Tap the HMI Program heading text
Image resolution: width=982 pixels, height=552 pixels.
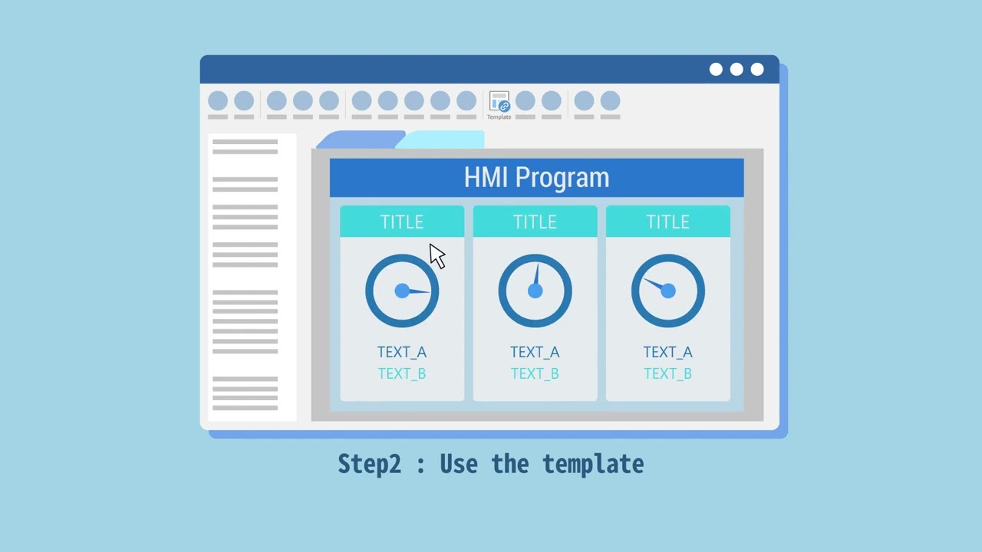point(536,178)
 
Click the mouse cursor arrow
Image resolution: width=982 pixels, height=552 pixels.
point(436,256)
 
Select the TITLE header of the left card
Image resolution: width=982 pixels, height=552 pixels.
point(402,222)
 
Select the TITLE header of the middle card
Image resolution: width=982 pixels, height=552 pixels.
point(535,222)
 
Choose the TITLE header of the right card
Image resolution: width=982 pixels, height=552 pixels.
point(667,222)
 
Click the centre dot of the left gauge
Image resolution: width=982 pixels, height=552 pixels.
point(402,291)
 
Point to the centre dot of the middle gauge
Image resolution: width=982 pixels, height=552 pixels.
point(535,291)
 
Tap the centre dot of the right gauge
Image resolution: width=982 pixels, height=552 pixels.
point(667,291)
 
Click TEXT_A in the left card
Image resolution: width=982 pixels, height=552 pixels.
point(402,352)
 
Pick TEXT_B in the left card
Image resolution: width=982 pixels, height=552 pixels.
point(402,373)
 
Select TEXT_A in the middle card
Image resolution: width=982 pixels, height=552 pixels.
point(535,352)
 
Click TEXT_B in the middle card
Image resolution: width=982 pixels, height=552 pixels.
point(535,373)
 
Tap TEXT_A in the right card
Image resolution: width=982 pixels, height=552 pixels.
point(667,352)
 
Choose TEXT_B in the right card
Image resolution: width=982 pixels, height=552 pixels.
point(667,373)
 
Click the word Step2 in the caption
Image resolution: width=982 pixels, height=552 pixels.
point(369,464)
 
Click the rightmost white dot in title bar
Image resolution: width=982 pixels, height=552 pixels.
point(757,70)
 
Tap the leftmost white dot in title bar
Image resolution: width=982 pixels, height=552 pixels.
point(716,70)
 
